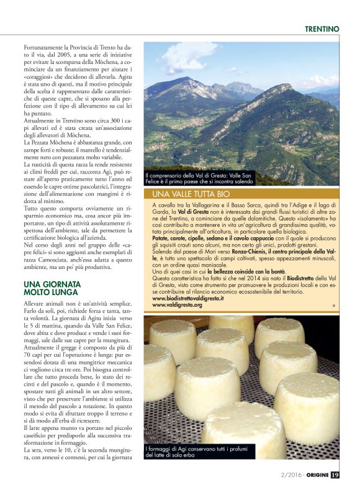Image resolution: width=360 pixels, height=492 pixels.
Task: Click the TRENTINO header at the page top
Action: coord(322,29)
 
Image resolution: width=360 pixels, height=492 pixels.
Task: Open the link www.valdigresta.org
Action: coord(177,305)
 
